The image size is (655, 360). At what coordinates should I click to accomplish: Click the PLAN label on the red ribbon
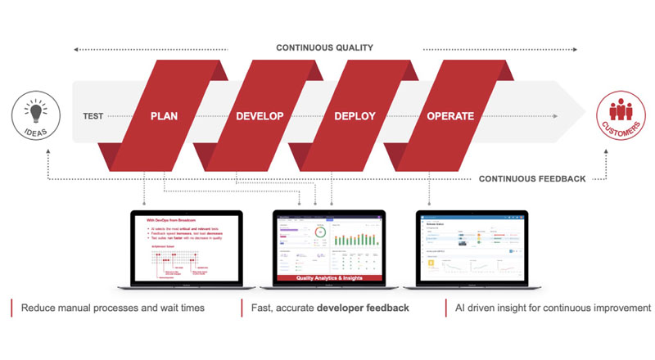[x=164, y=116]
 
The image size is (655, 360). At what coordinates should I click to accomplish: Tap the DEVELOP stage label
[x=260, y=116]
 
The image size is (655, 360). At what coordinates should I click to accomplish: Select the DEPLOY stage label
[x=355, y=116]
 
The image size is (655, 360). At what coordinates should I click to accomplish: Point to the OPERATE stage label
[x=450, y=116]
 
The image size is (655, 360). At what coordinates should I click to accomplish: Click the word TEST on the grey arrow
[x=93, y=116]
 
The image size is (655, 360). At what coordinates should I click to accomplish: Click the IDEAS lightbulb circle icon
[x=34, y=118]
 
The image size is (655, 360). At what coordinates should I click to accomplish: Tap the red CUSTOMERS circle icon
[x=619, y=117]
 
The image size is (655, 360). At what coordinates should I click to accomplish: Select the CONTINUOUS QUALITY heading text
[x=324, y=48]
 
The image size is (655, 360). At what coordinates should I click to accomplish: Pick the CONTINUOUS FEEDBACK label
[x=531, y=178]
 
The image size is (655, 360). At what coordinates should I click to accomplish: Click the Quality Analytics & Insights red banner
[x=330, y=278]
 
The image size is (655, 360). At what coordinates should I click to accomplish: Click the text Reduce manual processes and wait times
[x=112, y=308]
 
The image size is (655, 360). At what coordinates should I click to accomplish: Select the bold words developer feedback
[x=368, y=308]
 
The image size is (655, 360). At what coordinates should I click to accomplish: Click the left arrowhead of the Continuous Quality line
[x=76, y=49]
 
